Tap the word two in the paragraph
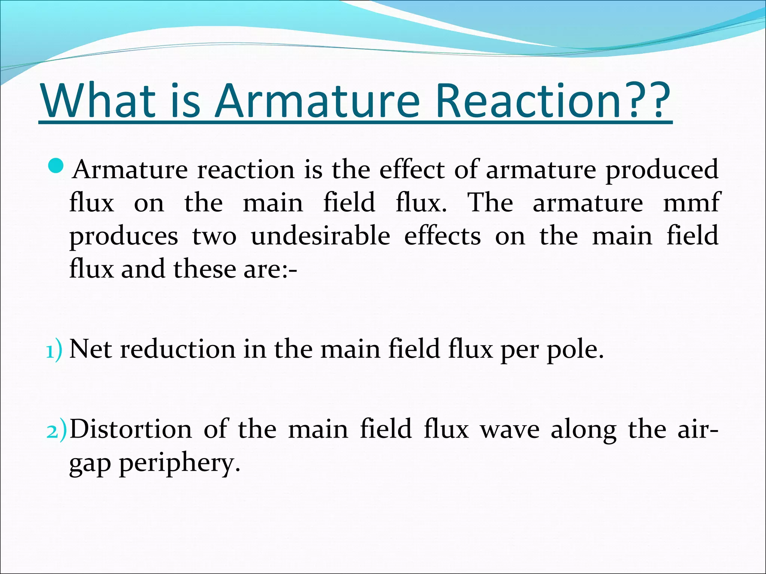pyautogui.click(x=214, y=236)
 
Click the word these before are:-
pyautogui.click(x=205, y=269)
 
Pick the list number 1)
pyautogui.click(x=54, y=351)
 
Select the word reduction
pyautogui.click(x=178, y=349)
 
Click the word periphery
pyautogui.click(x=179, y=463)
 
